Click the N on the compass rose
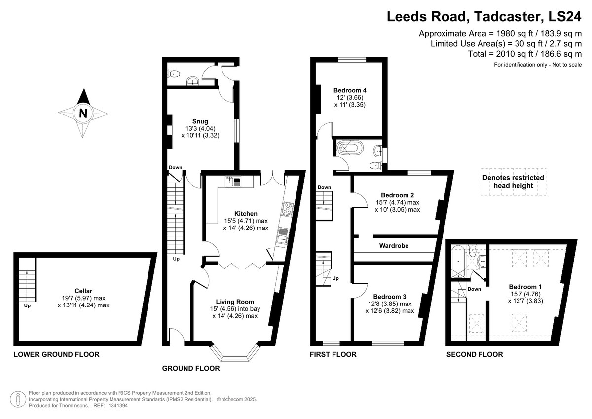click(x=83, y=113)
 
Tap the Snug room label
click(x=200, y=121)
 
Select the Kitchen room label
click(x=246, y=213)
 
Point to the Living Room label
click(x=235, y=302)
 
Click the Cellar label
click(x=83, y=291)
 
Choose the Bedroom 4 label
click(x=350, y=90)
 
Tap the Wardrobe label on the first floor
click(x=394, y=246)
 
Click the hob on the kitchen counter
click(x=288, y=209)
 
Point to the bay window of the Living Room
click(x=235, y=353)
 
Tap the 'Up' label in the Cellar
click(x=27, y=305)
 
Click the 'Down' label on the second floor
click(x=474, y=289)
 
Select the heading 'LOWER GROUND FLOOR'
click(x=57, y=354)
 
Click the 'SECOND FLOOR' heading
click(x=475, y=354)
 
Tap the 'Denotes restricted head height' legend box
click(x=513, y=182)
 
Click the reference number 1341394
click(x=118, y=406)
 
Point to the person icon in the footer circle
click(x=18, y=399)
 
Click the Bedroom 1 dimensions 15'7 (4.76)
click(x=525, y=294)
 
